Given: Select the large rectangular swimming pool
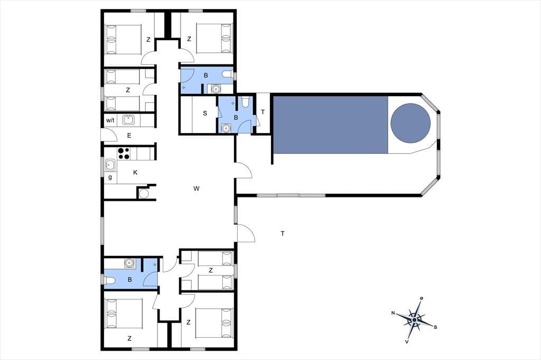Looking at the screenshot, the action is click(x=331, y=125).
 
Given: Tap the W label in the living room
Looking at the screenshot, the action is click(x=197, y=188).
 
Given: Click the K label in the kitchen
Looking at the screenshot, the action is click(x=135, y=173).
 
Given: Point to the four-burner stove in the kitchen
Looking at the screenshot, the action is click(x=124, y=154).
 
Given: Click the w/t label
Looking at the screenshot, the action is click(x=110, y=120).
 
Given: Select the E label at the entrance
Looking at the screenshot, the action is click(x=129, y=136).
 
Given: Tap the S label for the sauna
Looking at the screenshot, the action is click(x=205, y=113).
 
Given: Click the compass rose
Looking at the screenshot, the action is click(x=415, y=320).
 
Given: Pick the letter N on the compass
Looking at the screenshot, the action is click(x=393, y=313).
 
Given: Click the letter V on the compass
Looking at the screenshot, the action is click(x=407, y=342).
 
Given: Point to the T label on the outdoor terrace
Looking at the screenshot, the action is click(x=283, y=233).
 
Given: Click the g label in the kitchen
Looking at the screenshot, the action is click(x=110, y=177).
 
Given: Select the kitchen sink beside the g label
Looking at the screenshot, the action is click(x=110, y=165).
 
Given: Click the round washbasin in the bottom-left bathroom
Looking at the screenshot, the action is click(x=129, y=263).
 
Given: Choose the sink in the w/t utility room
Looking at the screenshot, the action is click(x=128, y=120).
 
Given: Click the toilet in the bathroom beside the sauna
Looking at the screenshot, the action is click(x=245, y=102).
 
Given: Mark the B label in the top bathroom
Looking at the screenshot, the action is click(x=206, y=75).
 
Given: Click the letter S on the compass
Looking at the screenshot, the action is click(x=435, y=327).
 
